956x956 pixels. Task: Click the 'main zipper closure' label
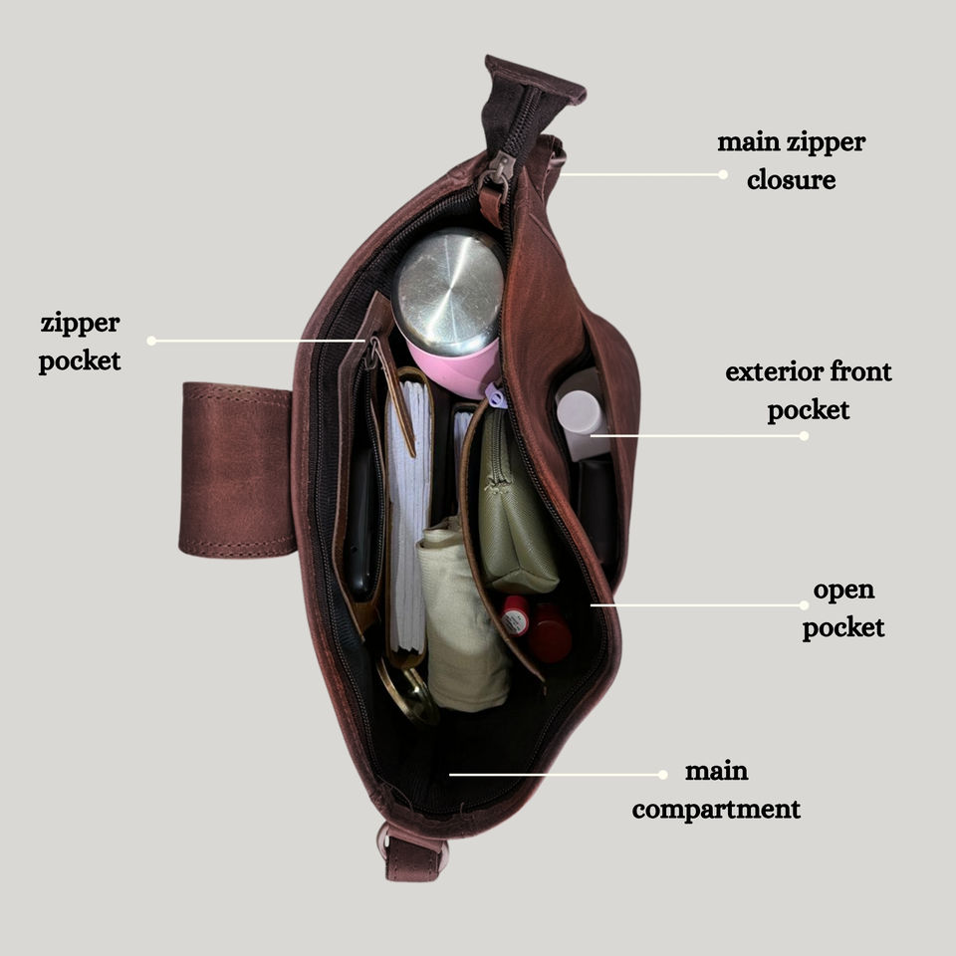[791, 160]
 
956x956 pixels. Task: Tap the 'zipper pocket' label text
[80, 342]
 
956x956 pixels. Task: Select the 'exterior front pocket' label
[808, 391]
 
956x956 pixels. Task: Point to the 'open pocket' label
[843, 608]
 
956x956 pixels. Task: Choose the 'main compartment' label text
[716, 790]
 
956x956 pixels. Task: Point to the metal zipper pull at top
[498, 169]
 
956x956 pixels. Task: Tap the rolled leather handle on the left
[237, 468]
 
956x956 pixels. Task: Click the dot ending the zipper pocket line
[151, 341]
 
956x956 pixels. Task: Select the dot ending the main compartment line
[663, 774]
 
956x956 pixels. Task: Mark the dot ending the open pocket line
[805, 604]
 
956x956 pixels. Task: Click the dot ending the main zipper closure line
[723, 174]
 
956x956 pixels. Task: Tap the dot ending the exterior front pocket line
[805, 435]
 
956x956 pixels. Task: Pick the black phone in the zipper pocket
[360, 523]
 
